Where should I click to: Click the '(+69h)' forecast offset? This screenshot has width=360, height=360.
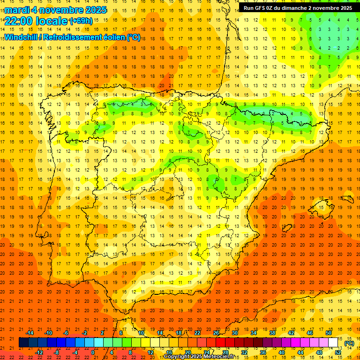click(81, 21)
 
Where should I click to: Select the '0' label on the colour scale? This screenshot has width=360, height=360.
click(93, 352)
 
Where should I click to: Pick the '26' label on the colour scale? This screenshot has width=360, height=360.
click(216, 333)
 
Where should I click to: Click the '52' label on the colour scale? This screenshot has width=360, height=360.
click(338, 352)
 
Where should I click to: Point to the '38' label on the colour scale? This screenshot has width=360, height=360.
click(272, 333)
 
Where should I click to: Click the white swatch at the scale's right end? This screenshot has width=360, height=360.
click(333, 343)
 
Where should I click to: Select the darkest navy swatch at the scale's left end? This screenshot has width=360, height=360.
click(23, 343)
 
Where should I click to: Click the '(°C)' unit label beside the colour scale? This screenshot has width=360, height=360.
click(349, 343)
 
